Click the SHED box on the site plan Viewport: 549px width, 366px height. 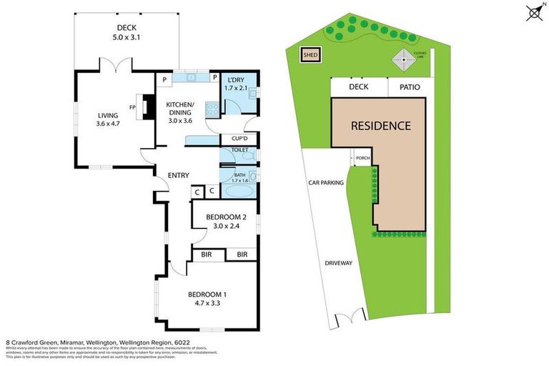coord(310,54)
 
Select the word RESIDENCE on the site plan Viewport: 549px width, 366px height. coord(380,126)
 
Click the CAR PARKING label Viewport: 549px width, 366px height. coord(326,182)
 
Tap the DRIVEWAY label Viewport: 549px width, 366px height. coord(339,263)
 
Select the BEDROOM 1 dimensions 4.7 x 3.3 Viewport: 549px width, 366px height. coord(207,303)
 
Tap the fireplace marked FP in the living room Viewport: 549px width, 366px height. coord(147,107)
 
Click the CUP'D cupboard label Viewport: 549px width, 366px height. coord(238,139)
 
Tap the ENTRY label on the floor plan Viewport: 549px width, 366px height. coord(178,175)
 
